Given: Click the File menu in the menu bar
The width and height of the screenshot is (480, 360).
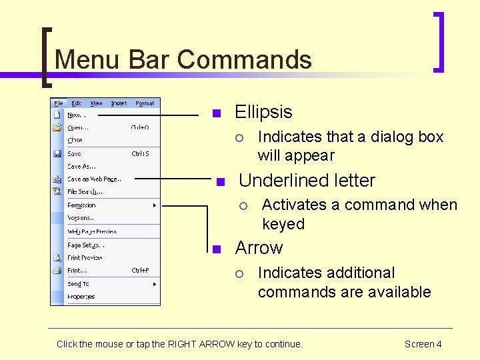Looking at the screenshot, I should tap(59, 103).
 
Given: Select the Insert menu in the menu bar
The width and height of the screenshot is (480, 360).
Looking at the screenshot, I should tap(119, 103).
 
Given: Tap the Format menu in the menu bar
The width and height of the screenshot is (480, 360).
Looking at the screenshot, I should tap(145, 103).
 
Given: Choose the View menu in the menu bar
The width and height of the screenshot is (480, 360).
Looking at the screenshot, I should tap(97, 103).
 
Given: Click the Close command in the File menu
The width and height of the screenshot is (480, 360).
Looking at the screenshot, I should tap(75, 141).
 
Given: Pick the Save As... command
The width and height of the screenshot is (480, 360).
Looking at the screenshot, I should tap(81, 167).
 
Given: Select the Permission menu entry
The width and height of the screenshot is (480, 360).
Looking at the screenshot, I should tap(81, 205).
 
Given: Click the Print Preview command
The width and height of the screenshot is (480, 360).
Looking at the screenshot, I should tap(85, 257).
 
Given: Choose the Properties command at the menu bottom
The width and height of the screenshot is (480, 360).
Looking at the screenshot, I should tap(81, 297).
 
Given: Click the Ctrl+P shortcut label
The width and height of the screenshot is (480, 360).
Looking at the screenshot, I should tap(140, 271).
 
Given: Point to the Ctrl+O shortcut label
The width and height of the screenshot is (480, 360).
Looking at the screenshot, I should tap(140, 127).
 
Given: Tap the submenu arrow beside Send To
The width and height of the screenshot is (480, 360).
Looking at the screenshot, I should tap(155, 284).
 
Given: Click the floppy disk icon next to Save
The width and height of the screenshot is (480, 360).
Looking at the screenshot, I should tap(58, 153).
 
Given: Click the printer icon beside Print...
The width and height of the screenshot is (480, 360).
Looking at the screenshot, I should tap(58, 271).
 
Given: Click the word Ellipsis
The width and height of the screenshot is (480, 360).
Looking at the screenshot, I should tap(263, 112).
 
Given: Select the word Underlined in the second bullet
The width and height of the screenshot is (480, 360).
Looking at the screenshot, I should tap(277, 181).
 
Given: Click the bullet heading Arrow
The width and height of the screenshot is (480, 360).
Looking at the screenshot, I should tap(259, 248).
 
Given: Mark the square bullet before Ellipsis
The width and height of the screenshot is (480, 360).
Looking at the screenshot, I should tap(215, 113).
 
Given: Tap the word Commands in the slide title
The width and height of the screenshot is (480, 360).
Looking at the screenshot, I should tap(245, 59).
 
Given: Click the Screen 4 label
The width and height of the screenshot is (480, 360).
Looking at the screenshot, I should tap(423, 344).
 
